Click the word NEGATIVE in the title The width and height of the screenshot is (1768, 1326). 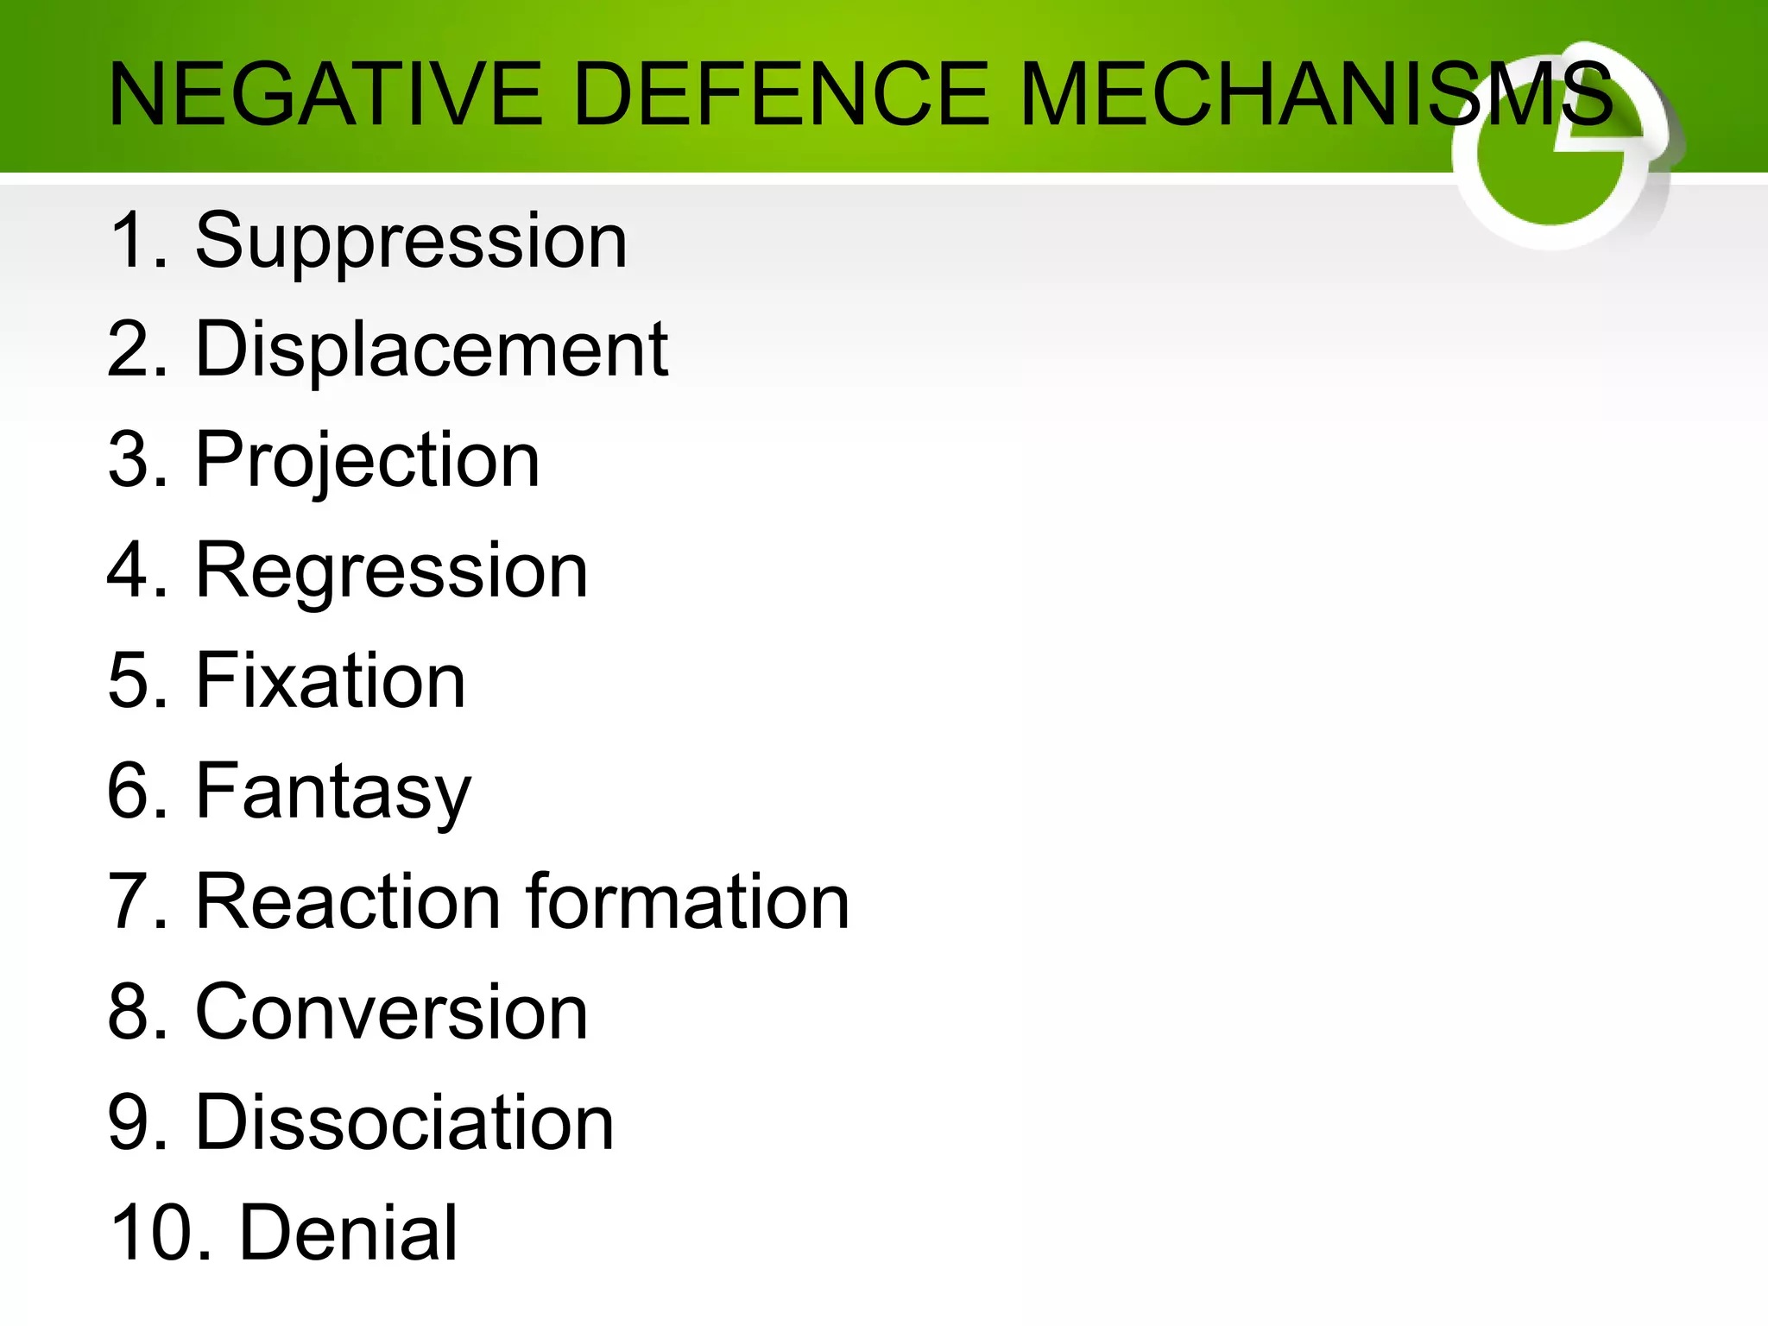[x=325, y=94]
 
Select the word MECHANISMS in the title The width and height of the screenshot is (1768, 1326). [x=1316, y=94]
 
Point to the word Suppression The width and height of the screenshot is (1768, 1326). [x=411, y=242]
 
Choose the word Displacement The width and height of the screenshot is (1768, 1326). [x=432, y=350]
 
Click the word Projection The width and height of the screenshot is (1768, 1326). [x=368, y=462]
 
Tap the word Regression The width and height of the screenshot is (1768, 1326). [x=392, y=571]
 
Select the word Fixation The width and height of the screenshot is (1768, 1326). [x=331, y=681]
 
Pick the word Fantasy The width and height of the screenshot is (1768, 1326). [x=333, y=792]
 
